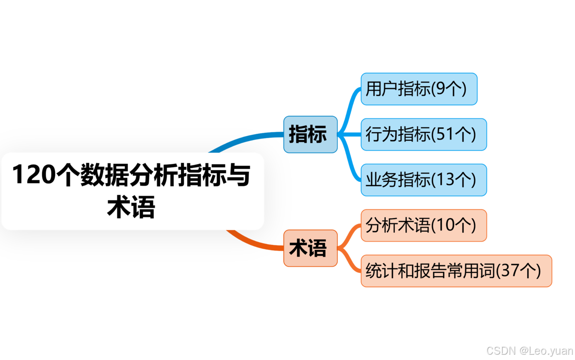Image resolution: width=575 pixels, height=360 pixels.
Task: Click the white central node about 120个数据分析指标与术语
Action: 132,191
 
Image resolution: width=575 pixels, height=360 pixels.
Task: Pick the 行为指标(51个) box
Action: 424,134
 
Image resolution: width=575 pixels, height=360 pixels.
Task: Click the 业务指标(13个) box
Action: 424,180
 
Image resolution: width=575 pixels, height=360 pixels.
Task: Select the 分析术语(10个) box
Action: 424,225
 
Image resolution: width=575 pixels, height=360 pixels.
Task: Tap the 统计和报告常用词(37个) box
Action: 456,271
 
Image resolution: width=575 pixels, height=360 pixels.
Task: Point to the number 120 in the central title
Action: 32,175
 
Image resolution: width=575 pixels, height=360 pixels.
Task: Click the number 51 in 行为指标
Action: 445,135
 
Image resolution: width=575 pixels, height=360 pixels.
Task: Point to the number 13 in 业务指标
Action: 445,180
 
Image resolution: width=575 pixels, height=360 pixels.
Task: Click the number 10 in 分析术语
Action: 445,226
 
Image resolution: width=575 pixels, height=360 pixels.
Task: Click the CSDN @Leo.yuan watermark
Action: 529,350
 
